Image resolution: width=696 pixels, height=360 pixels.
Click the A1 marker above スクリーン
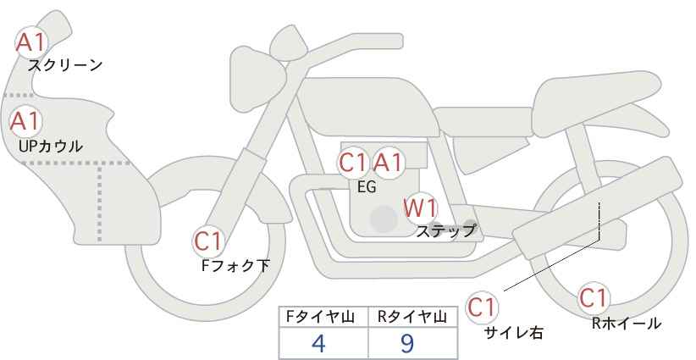30,42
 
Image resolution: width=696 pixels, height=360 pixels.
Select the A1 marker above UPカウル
25,121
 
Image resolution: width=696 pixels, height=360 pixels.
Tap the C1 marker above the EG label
354,163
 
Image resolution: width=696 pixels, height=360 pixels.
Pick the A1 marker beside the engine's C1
388,163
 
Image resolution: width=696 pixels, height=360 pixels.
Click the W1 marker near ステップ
420,208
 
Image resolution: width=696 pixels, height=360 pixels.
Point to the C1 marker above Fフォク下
207,241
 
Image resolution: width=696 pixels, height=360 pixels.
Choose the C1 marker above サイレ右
482,307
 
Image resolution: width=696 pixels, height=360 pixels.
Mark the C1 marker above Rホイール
594,298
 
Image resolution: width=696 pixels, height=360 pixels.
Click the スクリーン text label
65,66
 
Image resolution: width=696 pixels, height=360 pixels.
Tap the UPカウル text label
51,146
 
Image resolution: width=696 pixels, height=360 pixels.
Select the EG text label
367,187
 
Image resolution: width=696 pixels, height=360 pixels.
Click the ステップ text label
445,231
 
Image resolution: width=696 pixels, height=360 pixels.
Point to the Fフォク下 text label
235,265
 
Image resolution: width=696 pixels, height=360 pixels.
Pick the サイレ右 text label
514,333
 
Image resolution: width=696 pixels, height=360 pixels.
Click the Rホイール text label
627,324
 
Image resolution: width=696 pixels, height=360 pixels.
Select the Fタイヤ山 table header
320,317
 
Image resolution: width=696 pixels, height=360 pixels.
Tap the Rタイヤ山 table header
412,317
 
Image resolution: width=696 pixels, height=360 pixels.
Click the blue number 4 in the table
318,343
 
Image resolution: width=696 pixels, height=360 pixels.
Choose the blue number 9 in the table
406,343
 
